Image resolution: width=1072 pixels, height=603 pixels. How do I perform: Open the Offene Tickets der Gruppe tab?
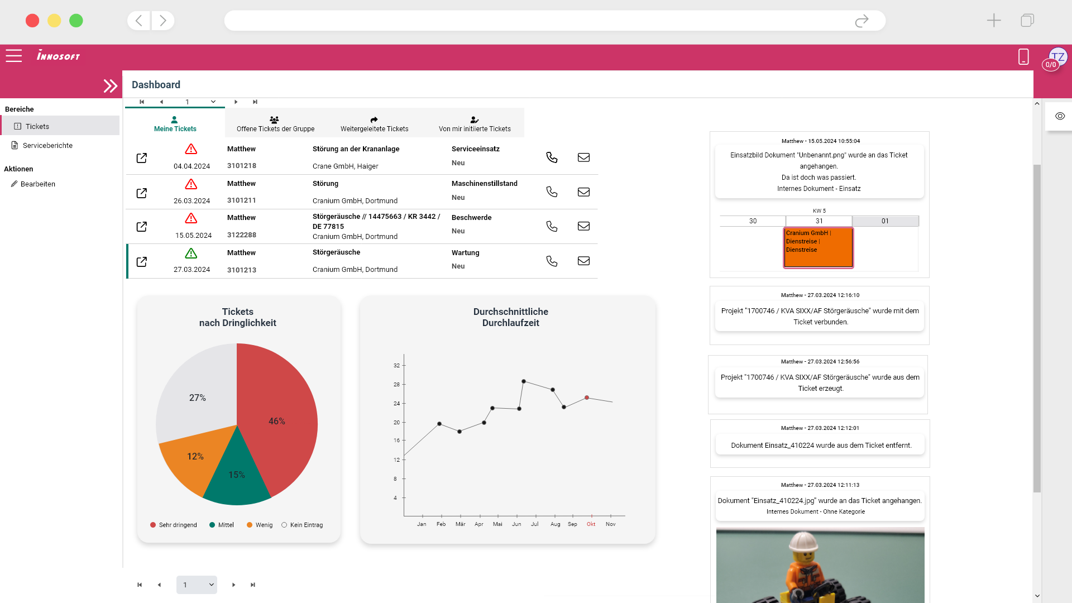[x=275, y=124]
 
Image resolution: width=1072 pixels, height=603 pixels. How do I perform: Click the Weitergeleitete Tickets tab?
[x=374, y=124]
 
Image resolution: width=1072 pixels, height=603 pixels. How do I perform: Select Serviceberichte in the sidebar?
[x=47, y=146]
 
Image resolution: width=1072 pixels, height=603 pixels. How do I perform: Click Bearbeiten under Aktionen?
[x=37, y=184]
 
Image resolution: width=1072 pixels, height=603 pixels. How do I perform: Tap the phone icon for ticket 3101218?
[x=552, y=157]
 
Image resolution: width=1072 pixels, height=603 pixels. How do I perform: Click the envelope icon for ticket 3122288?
[x=583, y=226]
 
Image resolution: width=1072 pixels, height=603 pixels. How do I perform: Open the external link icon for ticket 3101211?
[x=142, y=193]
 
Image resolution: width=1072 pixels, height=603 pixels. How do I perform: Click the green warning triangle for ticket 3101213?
[x=191, y=253]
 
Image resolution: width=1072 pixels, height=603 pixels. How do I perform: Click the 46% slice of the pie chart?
[x=279, y=413]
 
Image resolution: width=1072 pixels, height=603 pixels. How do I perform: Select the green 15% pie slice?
[x=237, y=477]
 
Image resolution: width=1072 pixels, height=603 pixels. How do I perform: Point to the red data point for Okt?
[x=587, y=398]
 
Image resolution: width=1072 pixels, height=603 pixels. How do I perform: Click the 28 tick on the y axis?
[x=396, y=385]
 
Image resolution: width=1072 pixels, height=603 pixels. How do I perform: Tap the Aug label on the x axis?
[x=555, y=524]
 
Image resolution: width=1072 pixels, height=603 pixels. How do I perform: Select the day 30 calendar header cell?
[x=753, y=221]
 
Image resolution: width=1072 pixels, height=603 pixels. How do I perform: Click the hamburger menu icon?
[x=14, y=56]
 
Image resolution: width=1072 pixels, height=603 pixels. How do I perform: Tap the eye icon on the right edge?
[x=1060, y=116]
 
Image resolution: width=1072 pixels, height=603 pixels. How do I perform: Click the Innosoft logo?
[x=58, y=56]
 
